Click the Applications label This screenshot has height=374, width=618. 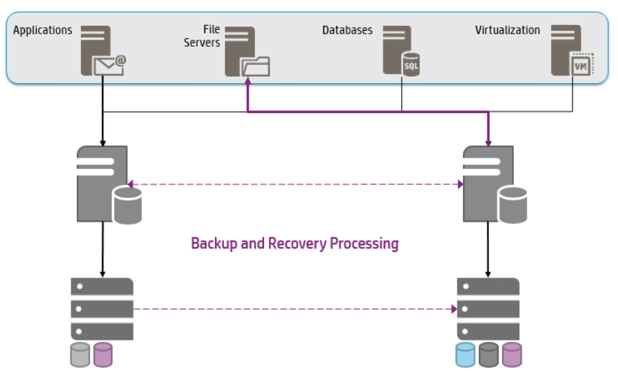pos(42,31)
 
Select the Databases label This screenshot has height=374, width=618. pos(347,31)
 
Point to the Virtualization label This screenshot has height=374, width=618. pos(507,31)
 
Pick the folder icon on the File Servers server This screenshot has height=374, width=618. pos(256,66)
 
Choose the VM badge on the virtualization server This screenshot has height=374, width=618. pos(580,65)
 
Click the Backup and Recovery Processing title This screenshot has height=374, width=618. pos(295,244)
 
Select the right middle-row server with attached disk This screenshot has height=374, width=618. pos(490,185)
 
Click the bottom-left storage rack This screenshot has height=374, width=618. pos(102,308)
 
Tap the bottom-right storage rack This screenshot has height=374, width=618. pos(488,308)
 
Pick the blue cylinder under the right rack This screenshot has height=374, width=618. pos(466,354)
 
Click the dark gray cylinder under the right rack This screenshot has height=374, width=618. pos(489,354)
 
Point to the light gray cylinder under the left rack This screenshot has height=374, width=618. pos(80,354)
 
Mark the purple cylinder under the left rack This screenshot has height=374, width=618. pos(103,354)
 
